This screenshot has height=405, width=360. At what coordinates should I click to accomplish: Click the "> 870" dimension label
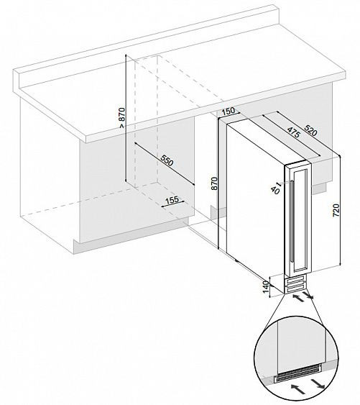[122, 117]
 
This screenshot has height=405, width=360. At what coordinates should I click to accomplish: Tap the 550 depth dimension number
[167, 160]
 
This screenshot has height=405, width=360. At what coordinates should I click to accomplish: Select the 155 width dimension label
[172, 200]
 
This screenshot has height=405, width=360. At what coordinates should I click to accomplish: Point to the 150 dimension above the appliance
[229, 111]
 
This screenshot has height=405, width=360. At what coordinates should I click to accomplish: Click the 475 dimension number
[293, 132]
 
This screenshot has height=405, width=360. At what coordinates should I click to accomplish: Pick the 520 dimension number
[310, 130]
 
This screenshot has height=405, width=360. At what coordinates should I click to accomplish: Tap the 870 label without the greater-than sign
[214, 183]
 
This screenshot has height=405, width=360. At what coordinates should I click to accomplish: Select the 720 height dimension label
[336, 210]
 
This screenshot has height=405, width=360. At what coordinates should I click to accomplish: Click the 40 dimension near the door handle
[275, 190]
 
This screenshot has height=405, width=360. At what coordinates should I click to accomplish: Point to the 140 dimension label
[266, 287]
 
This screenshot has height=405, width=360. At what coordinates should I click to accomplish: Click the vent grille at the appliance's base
[295, 285]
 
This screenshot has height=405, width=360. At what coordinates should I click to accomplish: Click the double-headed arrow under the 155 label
[173, 204]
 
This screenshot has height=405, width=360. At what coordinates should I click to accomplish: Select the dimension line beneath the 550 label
[164, 163]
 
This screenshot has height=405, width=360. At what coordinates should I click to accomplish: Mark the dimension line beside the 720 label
[340, 210]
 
